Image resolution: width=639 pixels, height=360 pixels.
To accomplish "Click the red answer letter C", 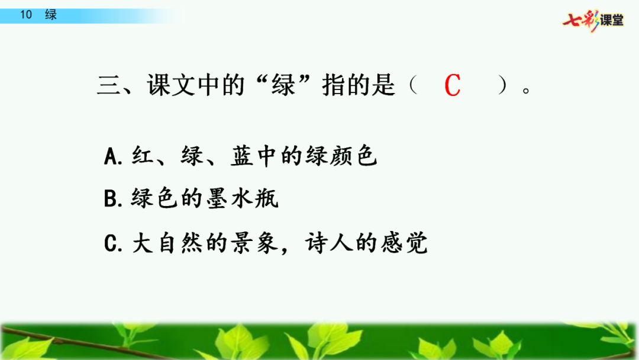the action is pyautogui.click(x=453, y=85).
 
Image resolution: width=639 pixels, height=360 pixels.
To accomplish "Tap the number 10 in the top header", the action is pyautogui.click(x=26, y=15).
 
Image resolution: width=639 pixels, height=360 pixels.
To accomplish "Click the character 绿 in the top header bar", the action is pyautogui.click(x=51, y=15).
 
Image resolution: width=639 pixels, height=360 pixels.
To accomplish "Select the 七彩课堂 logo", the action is pyautogui.click(x=593, y=20).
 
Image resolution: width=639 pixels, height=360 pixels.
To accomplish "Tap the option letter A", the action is pyautogui.click(x=112, y=156).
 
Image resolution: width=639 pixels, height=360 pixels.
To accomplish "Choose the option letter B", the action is pyautogui.click(x=112, y=200).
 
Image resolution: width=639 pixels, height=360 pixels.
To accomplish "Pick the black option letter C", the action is pyautogui.click(x=112, y=243).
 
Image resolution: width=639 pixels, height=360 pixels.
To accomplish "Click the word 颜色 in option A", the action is pyautogui.click(x=353, y=156).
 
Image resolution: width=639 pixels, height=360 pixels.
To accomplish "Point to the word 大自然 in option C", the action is pyautogui.click(x=167, y=243).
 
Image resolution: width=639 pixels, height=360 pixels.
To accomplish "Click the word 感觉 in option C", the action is pyautogui.click(x=404, y=243).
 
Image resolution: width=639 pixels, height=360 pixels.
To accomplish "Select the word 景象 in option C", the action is pyautogui.click(x=254, y=243).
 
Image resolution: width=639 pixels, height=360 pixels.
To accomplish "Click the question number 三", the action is pyautogui.click(x=109, y=86).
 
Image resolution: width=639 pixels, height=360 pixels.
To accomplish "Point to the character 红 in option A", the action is pyautogui.click(x=143, y=156).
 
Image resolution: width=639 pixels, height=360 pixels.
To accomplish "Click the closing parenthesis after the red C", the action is pyautogui.click(x=503, y=86).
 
